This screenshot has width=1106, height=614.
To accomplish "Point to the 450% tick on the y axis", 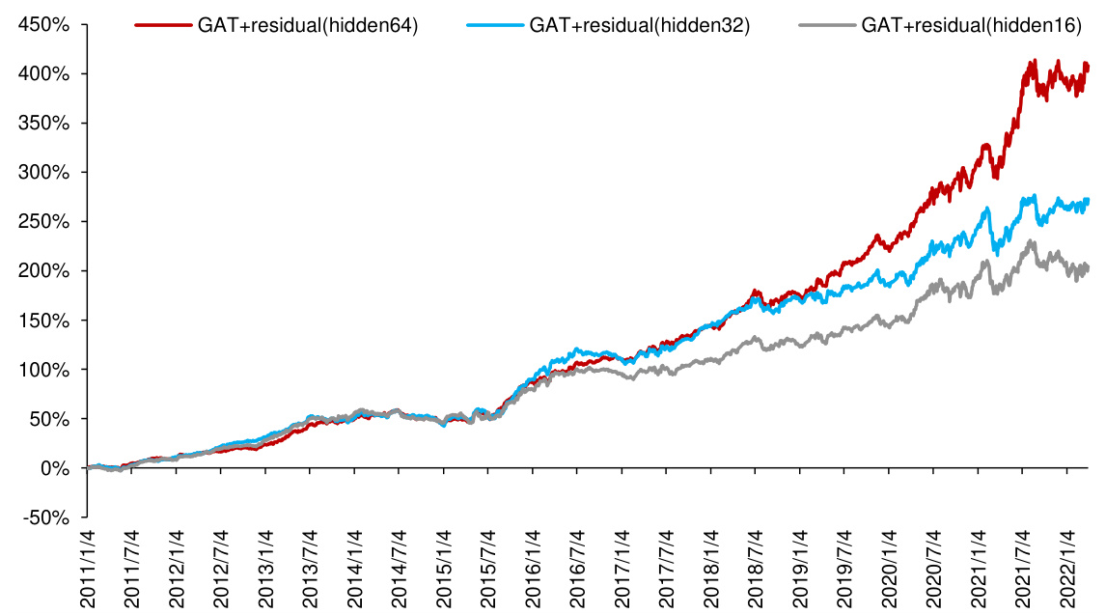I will (x=44, y=24).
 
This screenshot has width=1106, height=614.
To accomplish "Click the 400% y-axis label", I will (x=44, y=73).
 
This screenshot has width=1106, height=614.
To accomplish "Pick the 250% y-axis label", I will (x=44, y=222).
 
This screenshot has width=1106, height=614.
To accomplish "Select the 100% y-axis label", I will (x=44, y=370).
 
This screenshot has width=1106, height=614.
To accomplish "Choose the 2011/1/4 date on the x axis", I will (x=89, y=568).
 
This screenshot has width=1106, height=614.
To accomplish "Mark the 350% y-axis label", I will (x=44, y=123).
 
